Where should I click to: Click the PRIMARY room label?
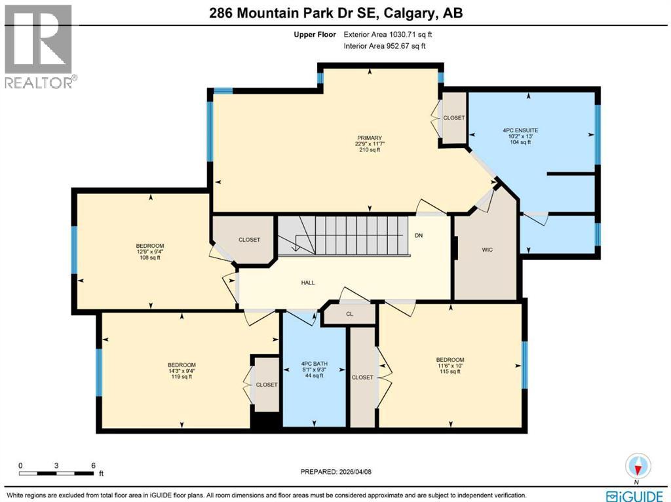(x=370, y=138)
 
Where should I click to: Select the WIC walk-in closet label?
(x=487, y=249)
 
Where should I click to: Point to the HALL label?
(x=308, y=283)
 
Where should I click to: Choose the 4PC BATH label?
(x=314, y=364)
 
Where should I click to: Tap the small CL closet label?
(x=349, y=315)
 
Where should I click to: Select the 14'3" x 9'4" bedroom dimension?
(x=182, y=371)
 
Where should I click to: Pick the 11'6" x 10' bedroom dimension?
(x=450, y=366)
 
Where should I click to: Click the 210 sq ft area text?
(x=370, y=150)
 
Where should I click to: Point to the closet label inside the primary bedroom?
(x=453, y=118)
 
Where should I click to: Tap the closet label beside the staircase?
(x=249, y=240)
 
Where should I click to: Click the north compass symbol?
(x=638, y=466)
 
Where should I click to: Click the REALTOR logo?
(x=39, y=46)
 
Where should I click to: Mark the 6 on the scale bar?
(x=93, y=465)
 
